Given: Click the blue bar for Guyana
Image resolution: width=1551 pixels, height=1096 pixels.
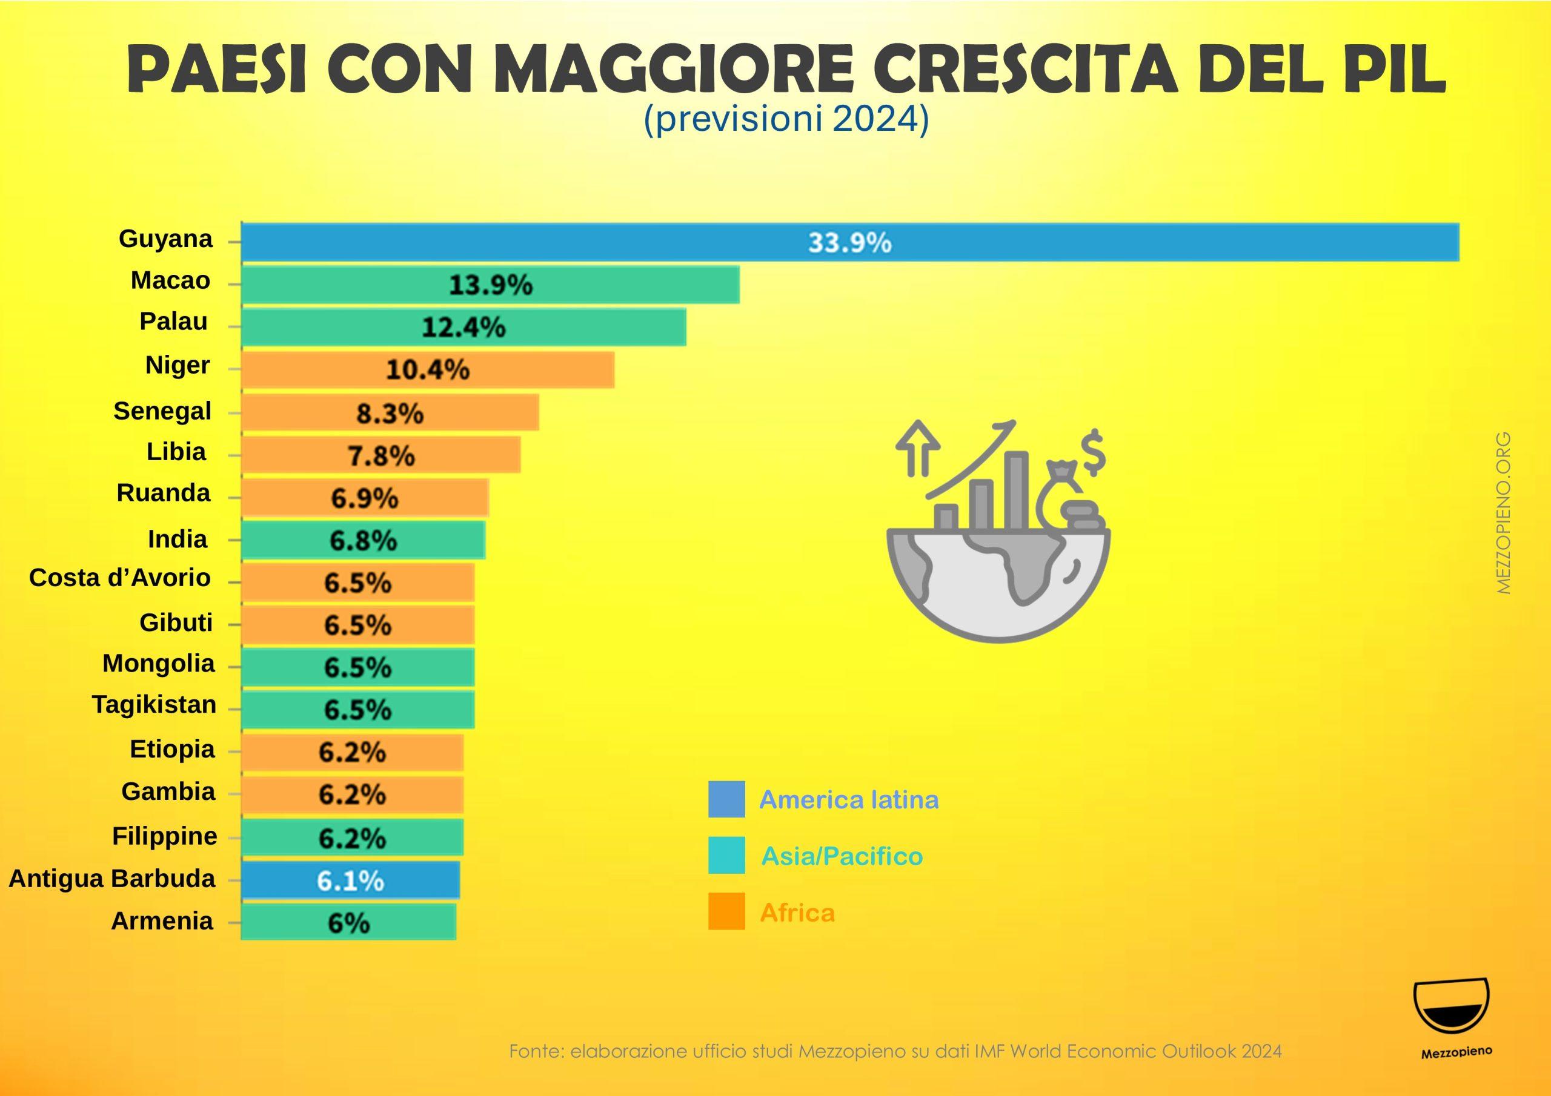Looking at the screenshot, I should click(x=849, y=242).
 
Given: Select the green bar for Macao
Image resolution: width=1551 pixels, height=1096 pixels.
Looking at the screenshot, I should click(x=490, y=285).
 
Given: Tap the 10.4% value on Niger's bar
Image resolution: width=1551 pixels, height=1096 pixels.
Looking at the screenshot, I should click(x=428, y=370).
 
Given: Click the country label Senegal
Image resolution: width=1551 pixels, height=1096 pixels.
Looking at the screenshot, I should click(x=162, y=411).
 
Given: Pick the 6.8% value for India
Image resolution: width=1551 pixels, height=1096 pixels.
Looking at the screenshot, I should click(x=363, y=540).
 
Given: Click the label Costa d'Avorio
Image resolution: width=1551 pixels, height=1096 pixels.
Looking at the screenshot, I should click(x=119, y=578).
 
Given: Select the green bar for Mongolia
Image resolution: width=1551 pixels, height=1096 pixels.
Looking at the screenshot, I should click(x=357, y=668).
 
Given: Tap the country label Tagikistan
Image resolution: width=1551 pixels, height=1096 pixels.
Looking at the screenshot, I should click(x=154, y=705).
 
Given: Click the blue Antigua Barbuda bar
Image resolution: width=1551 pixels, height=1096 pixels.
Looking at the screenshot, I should click(x=350, y=880).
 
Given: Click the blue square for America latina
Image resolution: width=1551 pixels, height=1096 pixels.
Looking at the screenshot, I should click(x=726, y=799).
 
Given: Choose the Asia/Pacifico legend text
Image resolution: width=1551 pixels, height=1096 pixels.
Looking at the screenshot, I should click(x=842, y=856).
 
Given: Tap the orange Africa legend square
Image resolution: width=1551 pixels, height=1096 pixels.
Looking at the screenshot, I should click(x=726, y=912).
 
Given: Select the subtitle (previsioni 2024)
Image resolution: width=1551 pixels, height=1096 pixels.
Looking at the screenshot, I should click(x=786, y=120).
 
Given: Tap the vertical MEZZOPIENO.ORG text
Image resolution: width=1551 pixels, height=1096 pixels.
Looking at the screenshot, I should click(x=1504, y=513).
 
